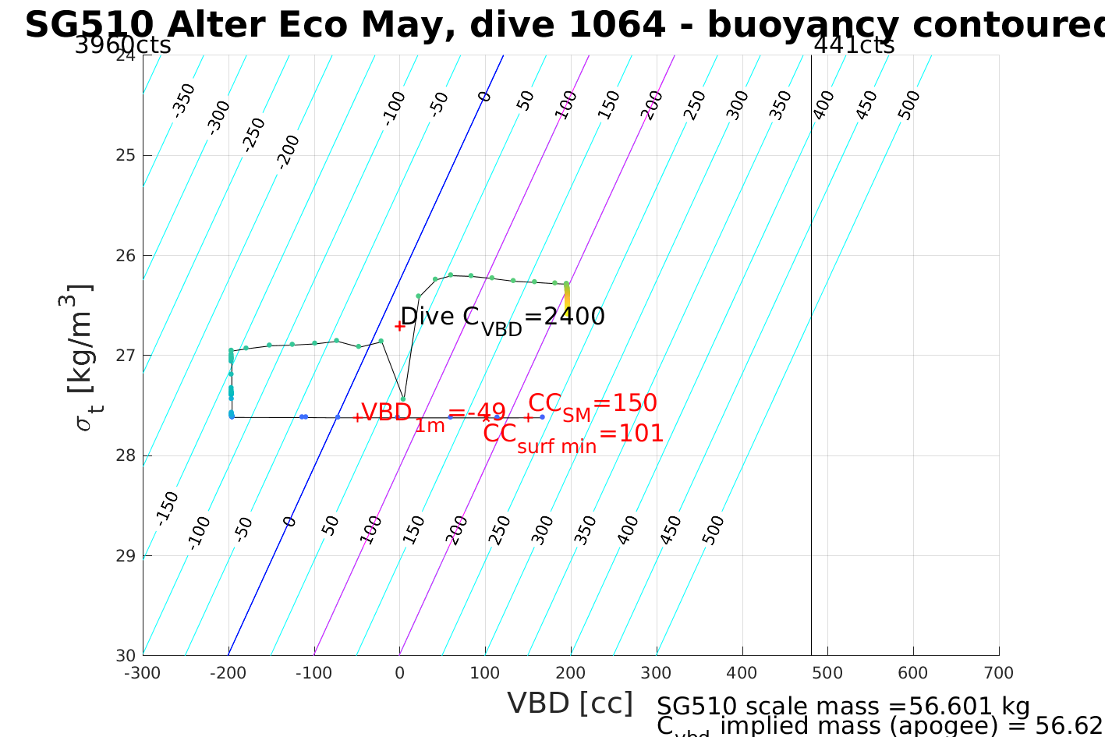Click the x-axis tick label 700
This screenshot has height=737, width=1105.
pyautogui.click(x=999, y=673)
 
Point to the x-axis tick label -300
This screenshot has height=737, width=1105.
pyautogui.click(x=143, y=673)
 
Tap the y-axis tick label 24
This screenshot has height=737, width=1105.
pyautogui.click(x=125, y=56)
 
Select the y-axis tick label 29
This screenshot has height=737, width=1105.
pyautogui.click(x=125, y=556)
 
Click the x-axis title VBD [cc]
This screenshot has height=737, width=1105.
pyautogui.click(x=570, y=703)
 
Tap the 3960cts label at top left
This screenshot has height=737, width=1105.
pyautogui.click(x=122, y=45)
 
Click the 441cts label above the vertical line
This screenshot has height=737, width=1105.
pyautogui.click(x=854, y=45)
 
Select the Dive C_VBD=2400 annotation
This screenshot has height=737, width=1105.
pyautogui.click(x=502, y=317)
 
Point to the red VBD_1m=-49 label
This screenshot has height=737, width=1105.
pyautogui.click(x=433, y=414)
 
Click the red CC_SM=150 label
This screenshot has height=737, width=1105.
pyautogui.click(x=593, y=405)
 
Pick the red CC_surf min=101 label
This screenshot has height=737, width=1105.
pyautogui.click(x=573, y=435)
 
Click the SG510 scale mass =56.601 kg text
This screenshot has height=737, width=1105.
pyautogui.click(x=843, y=706)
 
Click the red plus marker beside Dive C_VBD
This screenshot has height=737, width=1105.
pyautogui.click(x=399, y=326)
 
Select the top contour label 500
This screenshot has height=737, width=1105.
pyautogui.click(x=909, y=105)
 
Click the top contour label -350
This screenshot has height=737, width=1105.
pyautogui.click(x=184, y=100)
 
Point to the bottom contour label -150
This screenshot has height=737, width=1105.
pyautogui.click(x=167, y=508)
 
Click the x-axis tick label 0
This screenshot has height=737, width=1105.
pyautogui.click(x=399, y=673)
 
